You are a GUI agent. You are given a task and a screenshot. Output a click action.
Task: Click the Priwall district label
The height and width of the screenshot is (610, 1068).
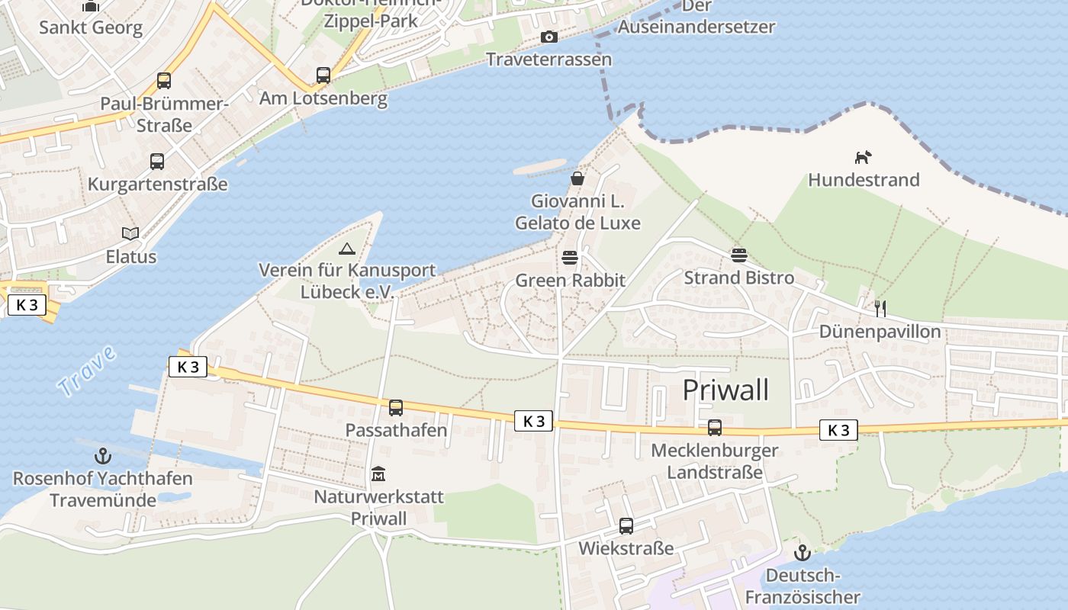(725, 390)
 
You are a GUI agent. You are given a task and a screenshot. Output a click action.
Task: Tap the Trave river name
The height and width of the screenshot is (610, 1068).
(87, 371)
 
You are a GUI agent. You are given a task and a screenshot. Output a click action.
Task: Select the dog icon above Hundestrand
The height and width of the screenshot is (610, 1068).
(863, 158)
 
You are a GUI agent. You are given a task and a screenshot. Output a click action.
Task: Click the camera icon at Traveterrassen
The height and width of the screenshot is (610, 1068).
(548, 37)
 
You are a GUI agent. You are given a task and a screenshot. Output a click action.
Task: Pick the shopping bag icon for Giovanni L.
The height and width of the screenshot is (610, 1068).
(577, 179)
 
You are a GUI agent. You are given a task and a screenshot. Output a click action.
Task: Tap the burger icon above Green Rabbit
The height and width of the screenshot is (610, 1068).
(569, 258)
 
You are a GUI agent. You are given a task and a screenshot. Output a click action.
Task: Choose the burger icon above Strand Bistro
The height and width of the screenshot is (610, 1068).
(738, 255)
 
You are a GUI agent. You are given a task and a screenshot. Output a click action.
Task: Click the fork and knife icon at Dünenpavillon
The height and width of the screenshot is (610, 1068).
(880, 308)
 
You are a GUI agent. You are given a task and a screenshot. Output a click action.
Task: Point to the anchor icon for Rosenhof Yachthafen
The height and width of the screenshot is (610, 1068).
(102, 456)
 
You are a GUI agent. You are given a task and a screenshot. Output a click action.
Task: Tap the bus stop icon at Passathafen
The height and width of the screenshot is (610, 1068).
(396, 407)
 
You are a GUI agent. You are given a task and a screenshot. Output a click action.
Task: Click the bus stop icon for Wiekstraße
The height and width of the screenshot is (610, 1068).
(626, 525)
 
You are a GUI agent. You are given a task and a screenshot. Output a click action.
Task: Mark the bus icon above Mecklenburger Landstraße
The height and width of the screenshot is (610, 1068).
(714, 428)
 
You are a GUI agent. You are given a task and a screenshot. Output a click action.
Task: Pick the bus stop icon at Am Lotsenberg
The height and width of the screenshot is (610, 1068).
(323, 75)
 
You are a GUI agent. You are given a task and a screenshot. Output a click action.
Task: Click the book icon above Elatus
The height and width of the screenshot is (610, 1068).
(131, 233)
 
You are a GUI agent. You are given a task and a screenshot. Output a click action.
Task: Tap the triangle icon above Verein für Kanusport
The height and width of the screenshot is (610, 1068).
(346, 248)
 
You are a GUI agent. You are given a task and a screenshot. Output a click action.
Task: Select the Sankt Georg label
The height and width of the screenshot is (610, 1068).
(91, 28)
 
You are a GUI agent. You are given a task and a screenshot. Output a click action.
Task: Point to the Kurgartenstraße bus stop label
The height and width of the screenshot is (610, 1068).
(157, 184)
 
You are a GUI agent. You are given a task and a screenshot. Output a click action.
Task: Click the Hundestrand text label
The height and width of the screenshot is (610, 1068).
(864, 180)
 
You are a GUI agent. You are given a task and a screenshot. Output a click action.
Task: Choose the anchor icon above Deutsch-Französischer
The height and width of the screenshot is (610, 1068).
(802, 552)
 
